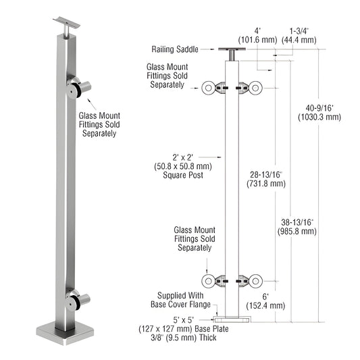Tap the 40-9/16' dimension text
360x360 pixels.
[319, 106]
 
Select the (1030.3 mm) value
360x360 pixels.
[319, 116]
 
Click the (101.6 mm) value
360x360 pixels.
[262, 41]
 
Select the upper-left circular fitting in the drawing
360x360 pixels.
[209, 86]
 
